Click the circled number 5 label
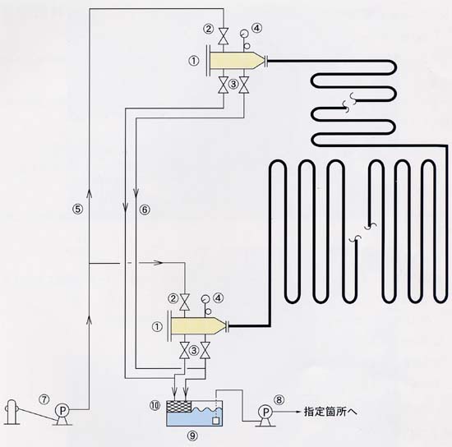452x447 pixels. click(x=77, y=209)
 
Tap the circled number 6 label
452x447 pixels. click(x=145, y=210)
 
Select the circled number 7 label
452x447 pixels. click(x=44, y=399)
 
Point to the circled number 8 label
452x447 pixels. click(x=279, y=399)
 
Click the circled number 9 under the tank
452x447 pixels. click(x=193, y=435)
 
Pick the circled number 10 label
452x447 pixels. click(x=155, y=406)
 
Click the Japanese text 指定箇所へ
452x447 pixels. click(x=330, y=412)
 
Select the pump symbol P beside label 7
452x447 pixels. click(x=62, y=410)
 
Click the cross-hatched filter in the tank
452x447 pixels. click(x=179, y=408)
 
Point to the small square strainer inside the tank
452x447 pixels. click(x=215, y=421)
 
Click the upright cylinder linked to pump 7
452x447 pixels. click(x=12, y=412)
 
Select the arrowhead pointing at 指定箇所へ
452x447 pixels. click(x=297, y=412)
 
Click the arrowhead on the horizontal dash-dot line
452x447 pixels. click(x=159, y=263)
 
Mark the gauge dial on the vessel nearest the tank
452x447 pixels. click(x=205, y=299)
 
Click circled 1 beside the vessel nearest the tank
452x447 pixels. click(x=158, y=327)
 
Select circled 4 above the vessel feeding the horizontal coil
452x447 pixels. click(x=256, y=28)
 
